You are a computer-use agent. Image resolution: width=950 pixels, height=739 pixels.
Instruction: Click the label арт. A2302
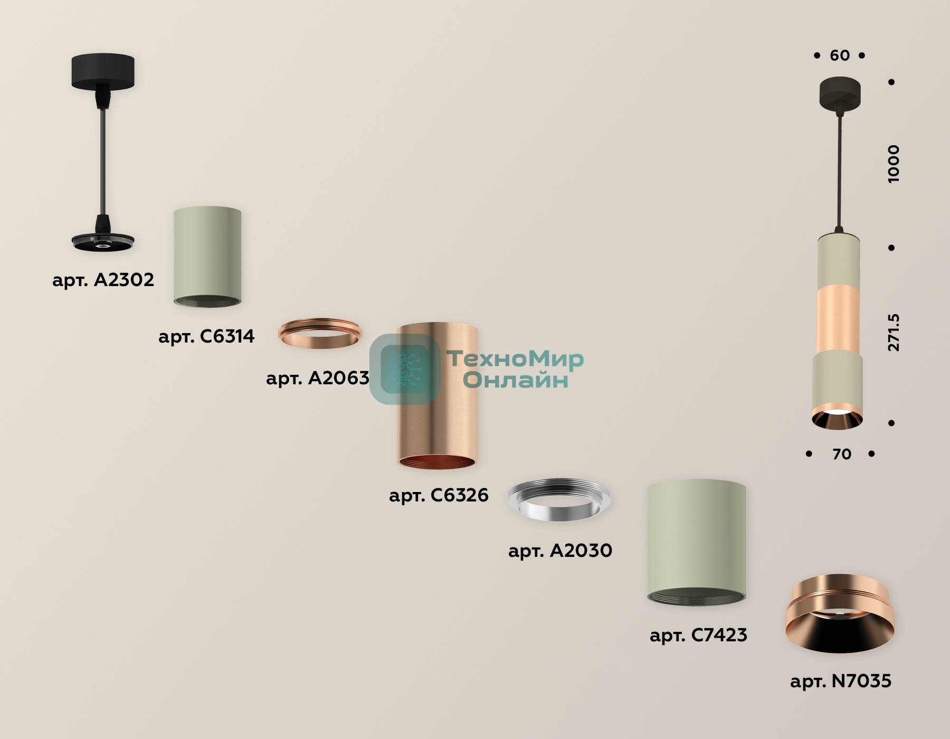click(x=103, y=280)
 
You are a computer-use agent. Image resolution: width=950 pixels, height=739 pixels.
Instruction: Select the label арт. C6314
click(x=206, y=336)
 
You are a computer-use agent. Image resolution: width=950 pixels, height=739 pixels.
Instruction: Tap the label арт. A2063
click(x=318, y=378)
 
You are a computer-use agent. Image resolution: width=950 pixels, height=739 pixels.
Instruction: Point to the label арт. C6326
click(x=439, y=495)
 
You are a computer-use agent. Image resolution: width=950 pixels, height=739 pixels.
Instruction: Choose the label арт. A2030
click(x=560, y=551)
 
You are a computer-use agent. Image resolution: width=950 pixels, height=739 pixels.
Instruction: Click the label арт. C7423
click(x=698, y=635)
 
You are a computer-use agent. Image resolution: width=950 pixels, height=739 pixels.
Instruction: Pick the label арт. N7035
click(x=841, y=681)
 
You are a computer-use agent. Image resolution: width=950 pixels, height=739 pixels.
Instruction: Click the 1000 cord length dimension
click(x=893, y=164)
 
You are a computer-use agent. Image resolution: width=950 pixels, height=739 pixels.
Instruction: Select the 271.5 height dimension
click(x=893, y=333)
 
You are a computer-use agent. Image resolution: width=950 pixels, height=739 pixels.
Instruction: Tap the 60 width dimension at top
click(x=840, y=55)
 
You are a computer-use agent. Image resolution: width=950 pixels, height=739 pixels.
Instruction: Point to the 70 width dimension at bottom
click(x=841, y=454)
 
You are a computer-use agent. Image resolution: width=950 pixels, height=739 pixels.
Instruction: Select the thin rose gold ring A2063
click(x=320, y=333)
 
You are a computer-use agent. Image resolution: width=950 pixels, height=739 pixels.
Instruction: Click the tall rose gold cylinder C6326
click(x=437, y=395)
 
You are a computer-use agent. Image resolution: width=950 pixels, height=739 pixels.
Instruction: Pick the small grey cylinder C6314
click(x=207, y=256)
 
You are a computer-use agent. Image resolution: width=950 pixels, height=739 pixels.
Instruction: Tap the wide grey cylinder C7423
click(x=697, y=542)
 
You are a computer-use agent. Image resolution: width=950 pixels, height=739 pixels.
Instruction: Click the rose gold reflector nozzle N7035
click(x=840, y=613)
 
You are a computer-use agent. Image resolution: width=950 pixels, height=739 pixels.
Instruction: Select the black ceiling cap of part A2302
click(x=103, y=71)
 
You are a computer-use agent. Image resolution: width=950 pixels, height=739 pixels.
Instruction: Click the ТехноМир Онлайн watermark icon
click(x=405, y=369)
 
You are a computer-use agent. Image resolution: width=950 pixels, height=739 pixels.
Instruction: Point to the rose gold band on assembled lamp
click(x=839, y=321)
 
